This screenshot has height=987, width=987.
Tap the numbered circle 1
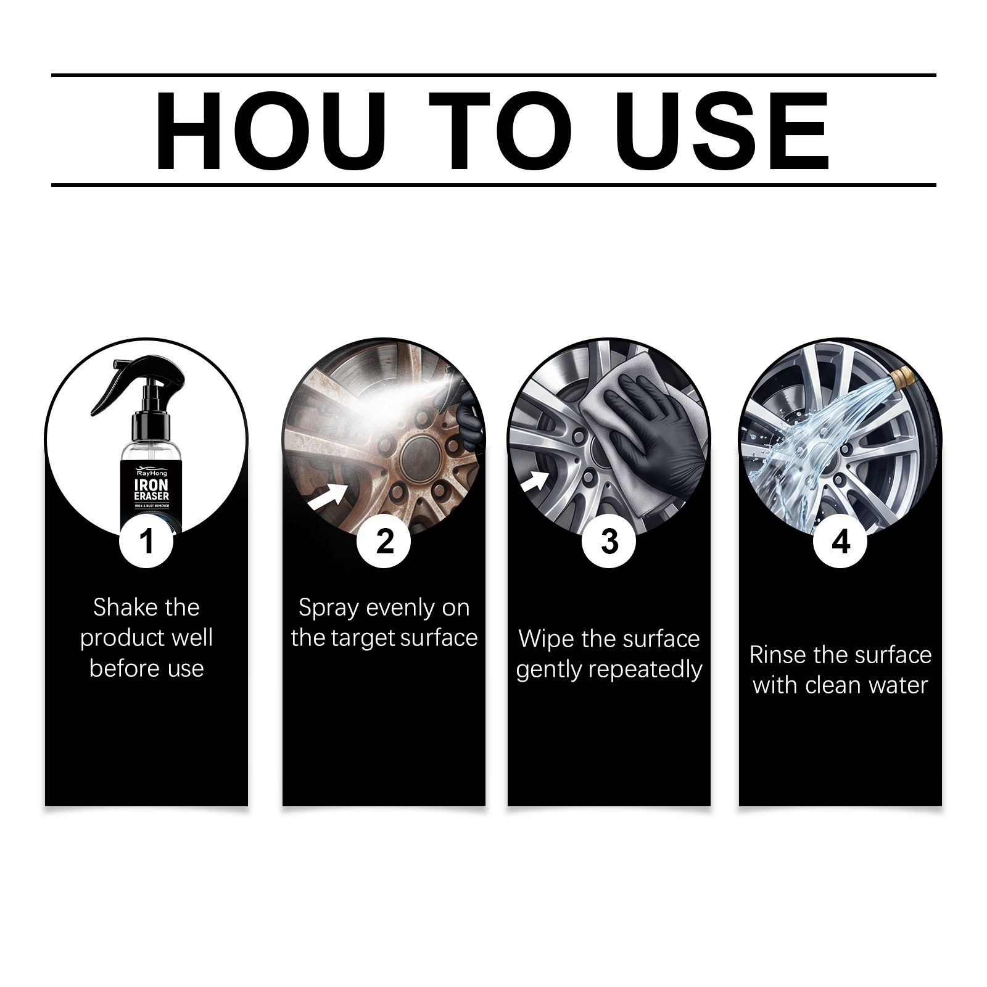(146, 542)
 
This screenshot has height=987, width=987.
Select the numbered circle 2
(384, 542)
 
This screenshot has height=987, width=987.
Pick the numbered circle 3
(609, 542)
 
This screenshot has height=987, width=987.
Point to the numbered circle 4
(840, 542)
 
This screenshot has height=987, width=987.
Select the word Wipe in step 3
(542, 639)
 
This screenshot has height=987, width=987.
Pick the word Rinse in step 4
(777, 655)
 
